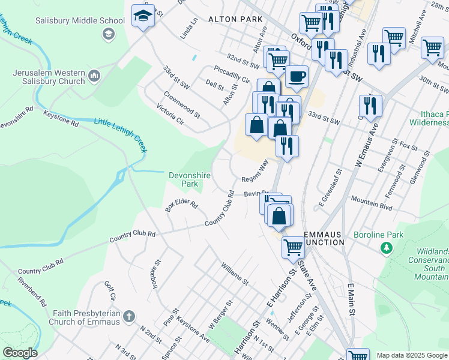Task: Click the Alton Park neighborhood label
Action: (235, 20)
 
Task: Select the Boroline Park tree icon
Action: (387, 247)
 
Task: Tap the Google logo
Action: (20, 353)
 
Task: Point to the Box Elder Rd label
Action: (181, 206)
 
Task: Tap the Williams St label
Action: (234, 272)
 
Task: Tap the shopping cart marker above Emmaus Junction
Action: (293, 247)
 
